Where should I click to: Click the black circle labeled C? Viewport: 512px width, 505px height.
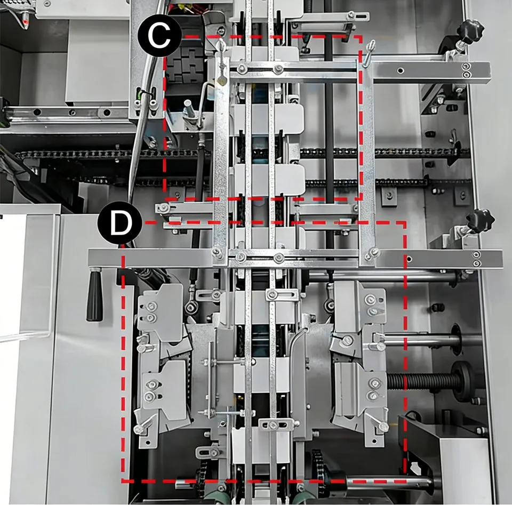(x=159, y=37)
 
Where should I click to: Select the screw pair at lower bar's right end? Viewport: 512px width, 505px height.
(x=476, y=260)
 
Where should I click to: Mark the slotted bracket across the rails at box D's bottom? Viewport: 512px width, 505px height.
(x=272, y=424)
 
